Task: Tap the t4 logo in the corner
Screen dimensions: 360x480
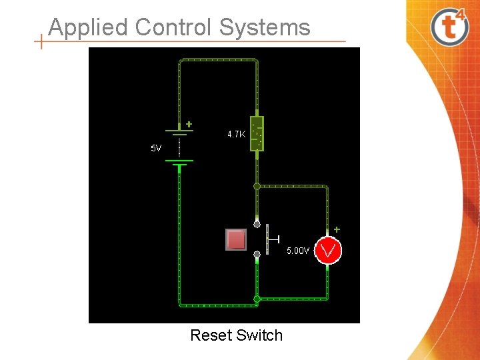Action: tap(449, 26)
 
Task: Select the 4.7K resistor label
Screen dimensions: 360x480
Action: tap(236, 134)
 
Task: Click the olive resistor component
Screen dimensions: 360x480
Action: tap(257, 133)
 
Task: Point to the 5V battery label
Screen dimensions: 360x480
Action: tap(156, 148)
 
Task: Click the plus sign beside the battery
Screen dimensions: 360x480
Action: tap(189, 124)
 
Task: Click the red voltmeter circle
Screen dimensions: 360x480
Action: tap(328, 251)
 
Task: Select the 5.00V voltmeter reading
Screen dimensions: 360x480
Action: tap(298, 251)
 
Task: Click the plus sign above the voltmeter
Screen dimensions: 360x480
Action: tap(337, 229)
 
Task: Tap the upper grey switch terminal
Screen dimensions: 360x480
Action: tap(257, 224)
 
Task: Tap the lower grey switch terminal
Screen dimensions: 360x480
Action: tap(257, 254)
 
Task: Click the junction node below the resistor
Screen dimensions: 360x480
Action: tap(257, 187)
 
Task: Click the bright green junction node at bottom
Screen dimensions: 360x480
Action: tap(257, 299)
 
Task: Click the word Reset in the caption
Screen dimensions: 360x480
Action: tap(209, 335)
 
